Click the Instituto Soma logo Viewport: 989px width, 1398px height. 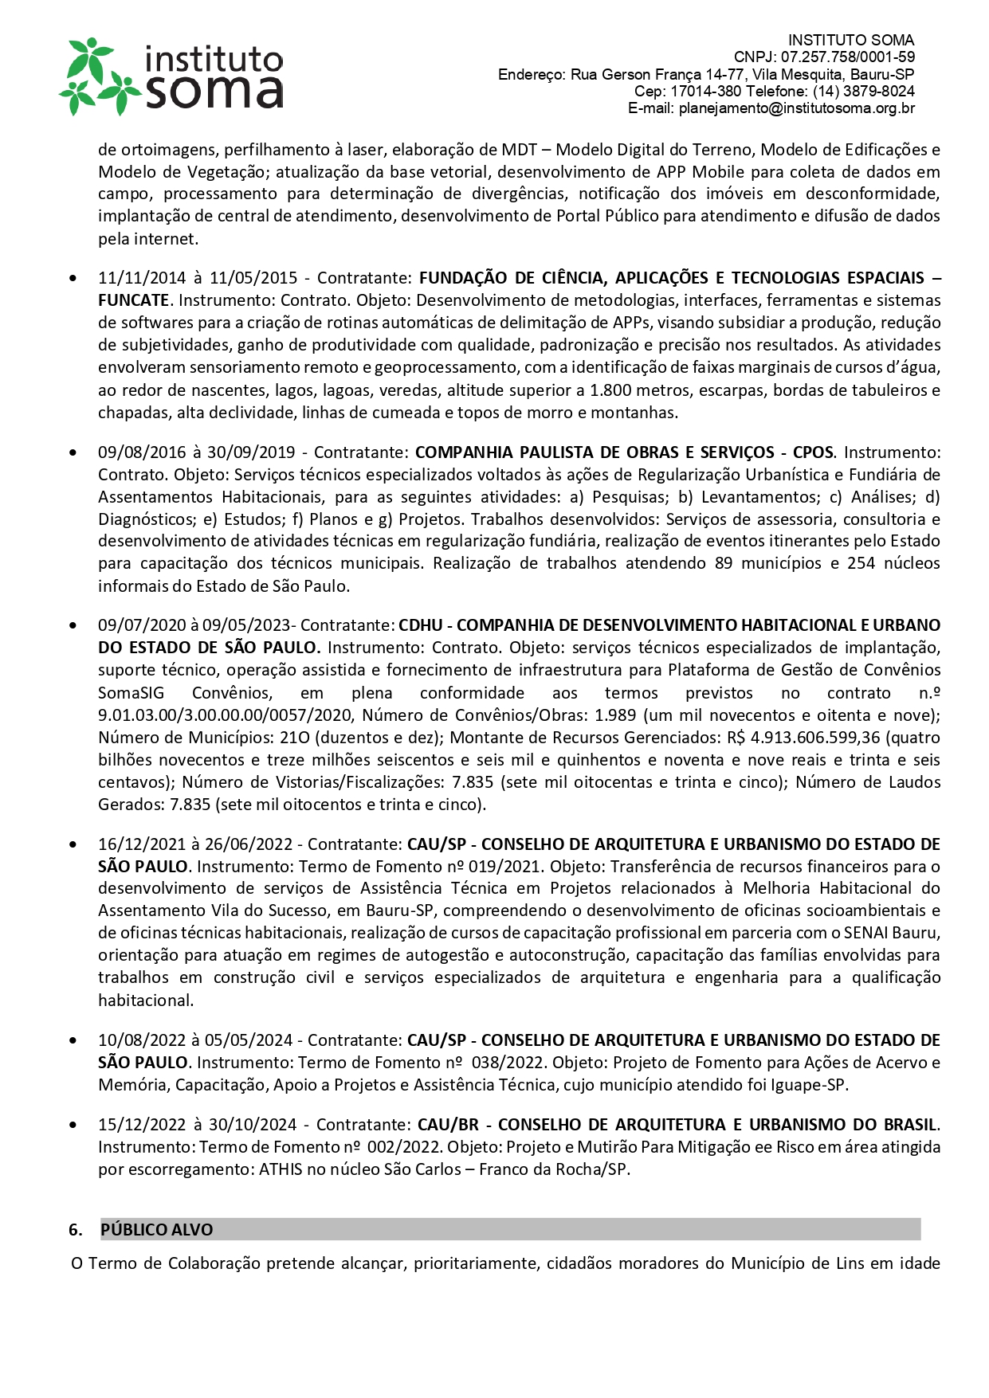click(171, 76)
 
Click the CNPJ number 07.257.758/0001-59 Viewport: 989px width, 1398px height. click(847, 57)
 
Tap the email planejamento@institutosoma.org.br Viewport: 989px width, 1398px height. click(796, 108)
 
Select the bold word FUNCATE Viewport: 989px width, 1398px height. click(134, 300)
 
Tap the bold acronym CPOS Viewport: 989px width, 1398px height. click(813, 452)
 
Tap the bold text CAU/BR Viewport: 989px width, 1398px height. click(448, 1125)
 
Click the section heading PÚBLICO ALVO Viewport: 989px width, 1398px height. click(156, 1230)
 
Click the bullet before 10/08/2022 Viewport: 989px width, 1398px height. click(73, 1040)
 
